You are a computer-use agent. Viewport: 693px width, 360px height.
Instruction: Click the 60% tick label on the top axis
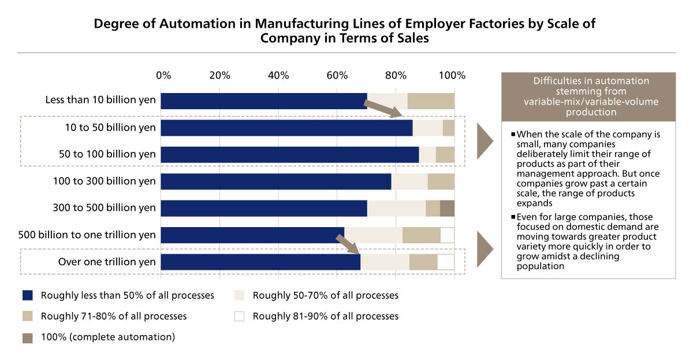336,75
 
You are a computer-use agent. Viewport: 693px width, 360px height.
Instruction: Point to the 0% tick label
164,75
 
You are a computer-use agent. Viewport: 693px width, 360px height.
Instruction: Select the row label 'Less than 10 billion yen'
100,100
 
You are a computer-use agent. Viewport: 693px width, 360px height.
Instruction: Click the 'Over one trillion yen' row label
107,262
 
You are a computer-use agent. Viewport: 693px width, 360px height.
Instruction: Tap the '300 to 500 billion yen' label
104,208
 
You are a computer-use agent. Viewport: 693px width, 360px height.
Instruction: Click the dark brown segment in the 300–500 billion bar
447,208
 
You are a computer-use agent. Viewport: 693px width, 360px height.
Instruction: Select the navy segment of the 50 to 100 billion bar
289,154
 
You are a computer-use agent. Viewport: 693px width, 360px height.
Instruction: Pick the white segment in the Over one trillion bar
446,262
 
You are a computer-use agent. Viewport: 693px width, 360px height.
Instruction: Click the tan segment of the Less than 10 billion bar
431,101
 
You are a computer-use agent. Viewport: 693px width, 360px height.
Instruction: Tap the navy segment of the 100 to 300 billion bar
275,181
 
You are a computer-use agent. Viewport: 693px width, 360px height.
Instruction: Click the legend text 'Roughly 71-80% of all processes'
113,316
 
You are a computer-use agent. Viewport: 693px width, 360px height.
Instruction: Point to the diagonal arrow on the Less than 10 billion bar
383,109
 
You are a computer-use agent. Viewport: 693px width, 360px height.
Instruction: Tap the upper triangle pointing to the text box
485,141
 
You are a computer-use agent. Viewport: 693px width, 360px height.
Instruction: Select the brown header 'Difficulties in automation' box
588,97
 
